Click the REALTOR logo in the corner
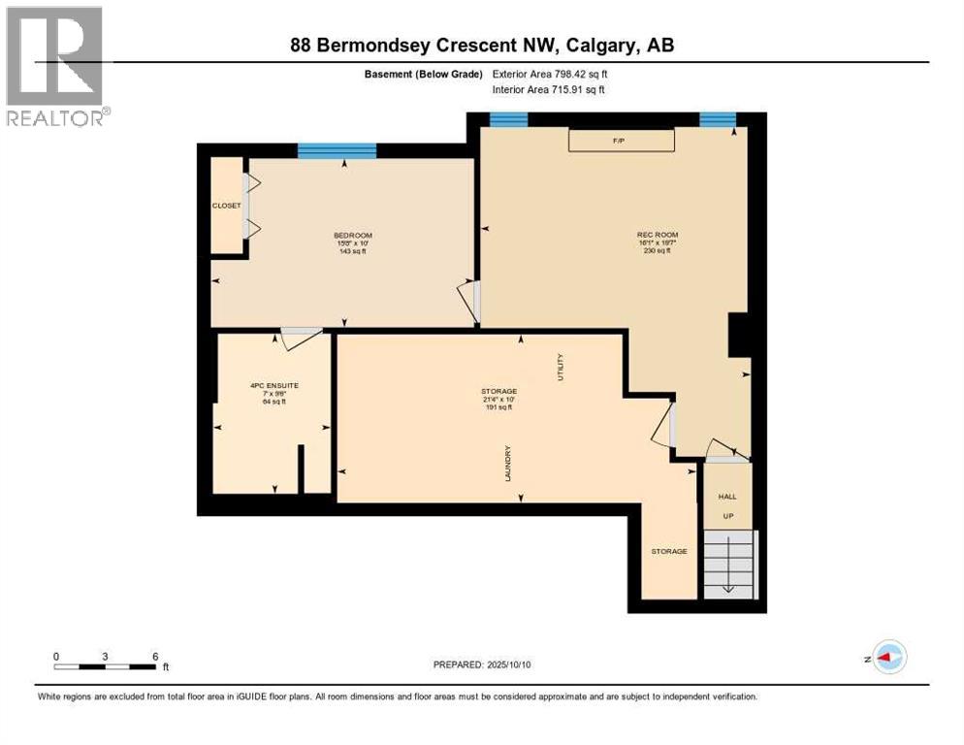tap(54, 65)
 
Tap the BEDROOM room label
tap(352, 236)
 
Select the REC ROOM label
tap(657, 235)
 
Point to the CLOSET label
tap(226, 206)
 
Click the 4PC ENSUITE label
tap(273, 385)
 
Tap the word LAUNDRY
tap(507, 464)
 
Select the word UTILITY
tap(560, 368)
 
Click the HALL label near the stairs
tap(726, 496)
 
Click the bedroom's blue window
tap(337, 150)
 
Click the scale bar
tap(105, 666)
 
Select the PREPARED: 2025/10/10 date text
tap(482, 664)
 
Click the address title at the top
tap(482, 45)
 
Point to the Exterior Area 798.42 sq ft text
tap(550, 74)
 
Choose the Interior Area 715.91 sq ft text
tap(549, 90)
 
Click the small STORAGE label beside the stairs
tap(669, 551)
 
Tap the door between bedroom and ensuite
tap(302, 336)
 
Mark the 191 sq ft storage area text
tap(498, 407)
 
